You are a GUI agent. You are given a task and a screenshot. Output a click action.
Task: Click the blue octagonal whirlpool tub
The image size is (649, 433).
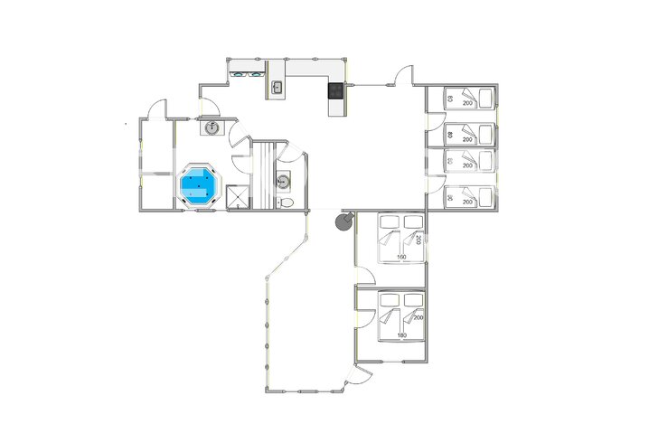click(200, 186)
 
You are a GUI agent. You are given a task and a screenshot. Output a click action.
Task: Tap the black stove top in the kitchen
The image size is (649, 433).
click(336, 89)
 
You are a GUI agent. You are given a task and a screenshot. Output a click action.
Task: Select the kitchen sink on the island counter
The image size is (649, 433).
click(277, 89)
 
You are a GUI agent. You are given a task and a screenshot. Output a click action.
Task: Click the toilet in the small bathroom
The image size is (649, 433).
click(287, 202)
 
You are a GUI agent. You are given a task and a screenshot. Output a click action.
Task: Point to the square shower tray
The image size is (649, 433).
click(238, 197)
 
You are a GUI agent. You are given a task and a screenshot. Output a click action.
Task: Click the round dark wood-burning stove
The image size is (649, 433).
click(343, 220)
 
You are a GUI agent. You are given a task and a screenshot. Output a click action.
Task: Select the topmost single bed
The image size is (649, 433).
click(469, 98)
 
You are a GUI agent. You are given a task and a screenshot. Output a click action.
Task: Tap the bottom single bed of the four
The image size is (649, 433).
click(469, 196)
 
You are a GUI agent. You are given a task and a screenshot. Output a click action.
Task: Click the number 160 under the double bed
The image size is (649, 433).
click(402, 258)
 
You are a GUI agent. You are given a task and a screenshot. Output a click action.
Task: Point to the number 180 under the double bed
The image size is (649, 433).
click(402, 336)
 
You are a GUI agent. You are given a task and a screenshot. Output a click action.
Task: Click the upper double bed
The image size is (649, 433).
click(401, 235)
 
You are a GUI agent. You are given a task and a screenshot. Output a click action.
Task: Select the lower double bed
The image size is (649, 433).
click(401, 314)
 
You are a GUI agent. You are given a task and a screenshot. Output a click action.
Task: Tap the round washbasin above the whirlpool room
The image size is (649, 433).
click(212, 127)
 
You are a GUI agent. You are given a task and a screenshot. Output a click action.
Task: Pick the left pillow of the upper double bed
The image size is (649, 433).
click(389, 221)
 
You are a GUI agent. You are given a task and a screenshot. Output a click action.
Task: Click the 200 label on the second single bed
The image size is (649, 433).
click(467, 140)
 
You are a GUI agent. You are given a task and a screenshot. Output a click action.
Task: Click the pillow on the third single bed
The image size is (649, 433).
click(450, 161)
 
